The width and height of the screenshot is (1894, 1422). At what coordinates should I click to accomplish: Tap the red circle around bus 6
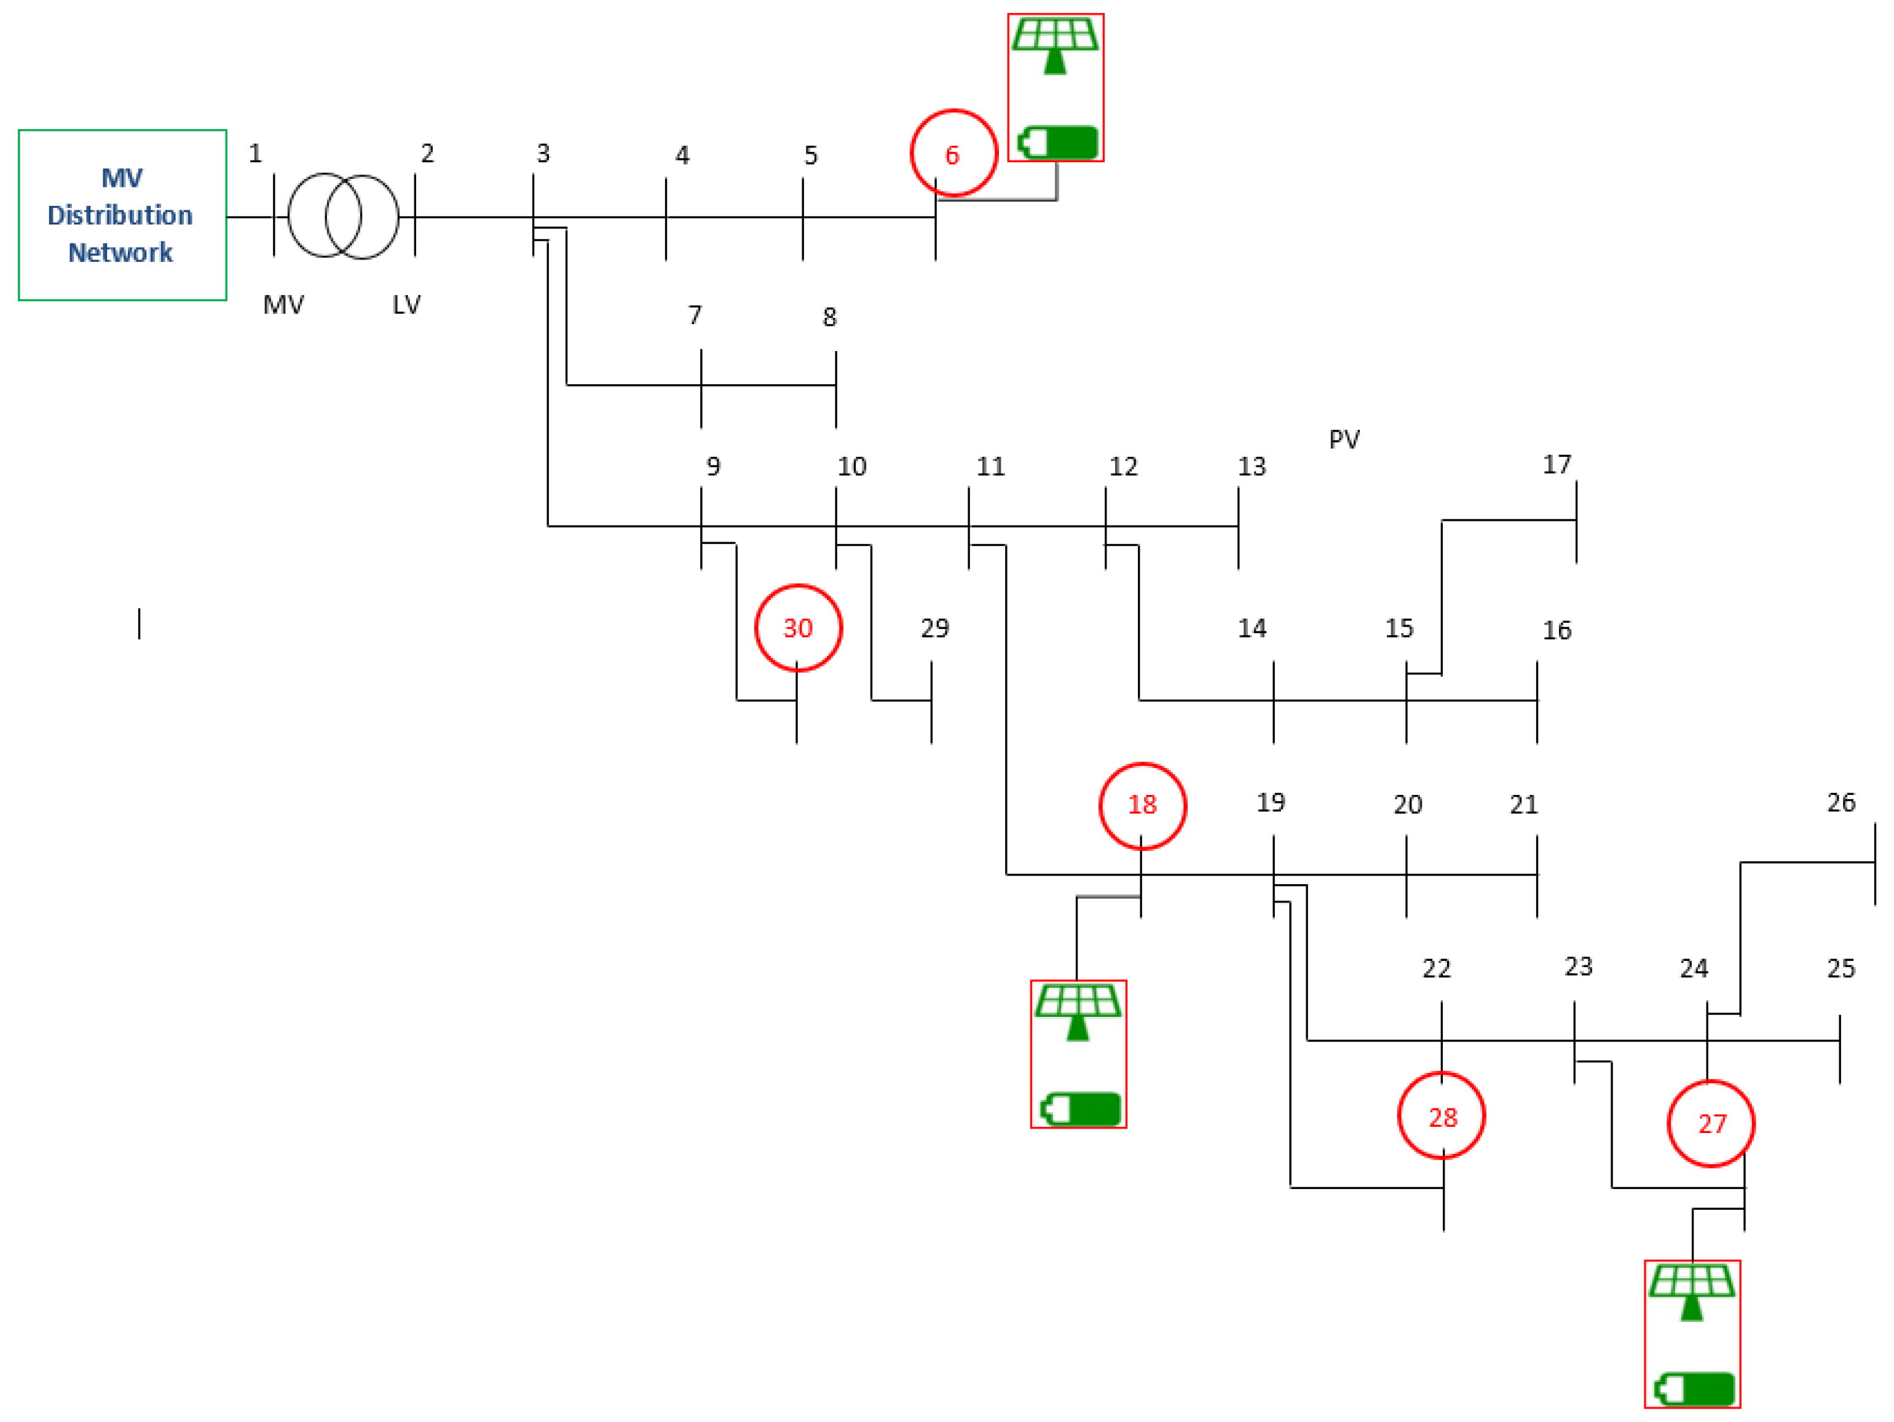point(953,153)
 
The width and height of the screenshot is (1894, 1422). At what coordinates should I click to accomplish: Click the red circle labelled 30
point(798,628)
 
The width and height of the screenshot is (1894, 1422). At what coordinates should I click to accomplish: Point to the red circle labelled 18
point(1142,805)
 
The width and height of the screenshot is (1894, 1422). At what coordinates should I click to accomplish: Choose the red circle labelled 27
point(1711,1123)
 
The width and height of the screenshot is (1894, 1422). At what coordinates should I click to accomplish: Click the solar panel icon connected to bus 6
point(1055,45)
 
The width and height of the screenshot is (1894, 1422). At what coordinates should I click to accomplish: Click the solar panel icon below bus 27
point(1692,1291)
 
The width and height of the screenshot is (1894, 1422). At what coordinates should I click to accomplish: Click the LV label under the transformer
point(407,305)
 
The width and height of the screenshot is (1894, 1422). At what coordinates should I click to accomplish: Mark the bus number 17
point(1557,464)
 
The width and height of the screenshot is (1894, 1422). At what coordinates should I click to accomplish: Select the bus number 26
point(1841,802)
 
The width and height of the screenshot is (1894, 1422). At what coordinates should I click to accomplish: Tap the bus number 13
point(1251,467)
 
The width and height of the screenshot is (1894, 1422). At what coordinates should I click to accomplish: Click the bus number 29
point(934,628)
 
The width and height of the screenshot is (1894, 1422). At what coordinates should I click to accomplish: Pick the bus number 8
point(829,318)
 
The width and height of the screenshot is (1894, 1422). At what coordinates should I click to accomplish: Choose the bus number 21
point(1523,805)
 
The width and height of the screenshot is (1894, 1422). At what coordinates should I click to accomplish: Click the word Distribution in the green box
point(120,215)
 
